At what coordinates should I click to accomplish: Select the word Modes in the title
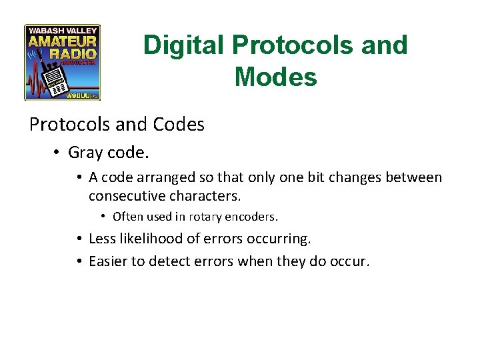tap(275, 77)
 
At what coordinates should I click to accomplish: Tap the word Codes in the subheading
tap(178, 125)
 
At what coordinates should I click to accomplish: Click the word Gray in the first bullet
tap(85, 153)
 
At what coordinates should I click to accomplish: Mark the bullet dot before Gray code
tap(59, 153)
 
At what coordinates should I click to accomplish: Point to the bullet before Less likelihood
tap(79, 239)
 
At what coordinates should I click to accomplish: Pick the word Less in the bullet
tap(101, 238)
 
